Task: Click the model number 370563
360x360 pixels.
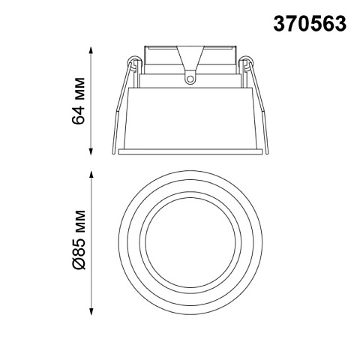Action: [x=310, y=23]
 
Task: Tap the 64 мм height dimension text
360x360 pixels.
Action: [x=78, y=101]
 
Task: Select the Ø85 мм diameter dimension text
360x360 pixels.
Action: [x=79, y=240]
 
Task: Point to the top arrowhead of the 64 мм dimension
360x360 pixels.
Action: [x=91, y=49]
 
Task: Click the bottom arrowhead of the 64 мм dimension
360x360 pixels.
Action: [x=91, y=151]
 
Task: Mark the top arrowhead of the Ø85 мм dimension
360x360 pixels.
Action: [x=91, y=174]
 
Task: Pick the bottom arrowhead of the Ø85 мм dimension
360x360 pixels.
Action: [x=91, y=311]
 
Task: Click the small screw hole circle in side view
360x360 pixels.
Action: [x=190, y=79]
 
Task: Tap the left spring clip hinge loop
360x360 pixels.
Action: [x=133, y=61]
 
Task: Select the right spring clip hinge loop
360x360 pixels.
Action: [x=246, y=61]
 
